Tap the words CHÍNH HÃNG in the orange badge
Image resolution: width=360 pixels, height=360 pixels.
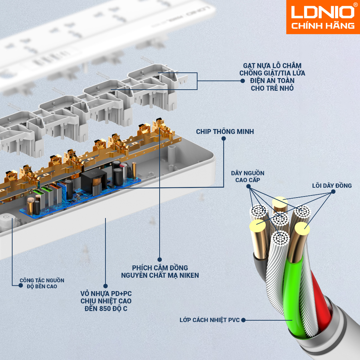(x=323, y=26)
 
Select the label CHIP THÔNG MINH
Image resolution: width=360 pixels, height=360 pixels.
(x=225, y=131)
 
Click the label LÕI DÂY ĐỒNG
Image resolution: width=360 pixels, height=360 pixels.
(x=332, y=186)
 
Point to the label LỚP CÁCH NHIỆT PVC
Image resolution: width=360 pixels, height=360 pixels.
(x=210, y=320)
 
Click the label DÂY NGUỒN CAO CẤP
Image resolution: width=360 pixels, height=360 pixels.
(x=248, y=176)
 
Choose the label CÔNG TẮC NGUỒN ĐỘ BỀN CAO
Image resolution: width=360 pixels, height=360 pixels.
(x=42, y=283)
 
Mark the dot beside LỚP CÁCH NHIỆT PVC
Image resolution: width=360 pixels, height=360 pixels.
(x=243, y=320)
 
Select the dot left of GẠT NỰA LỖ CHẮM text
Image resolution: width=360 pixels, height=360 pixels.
(x=242, y=81)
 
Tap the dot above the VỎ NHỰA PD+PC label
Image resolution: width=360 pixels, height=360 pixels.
(x=105, y=286)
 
